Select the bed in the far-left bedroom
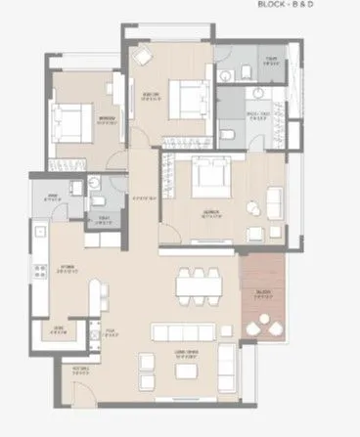(x=71, y=123)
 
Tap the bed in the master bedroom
(x=208, y=175)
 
